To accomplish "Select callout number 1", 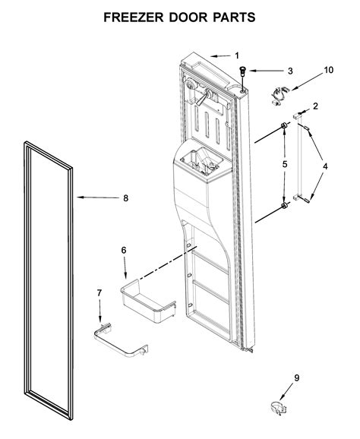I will [x=236, y=55].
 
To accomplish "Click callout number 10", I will [x=329, y=70].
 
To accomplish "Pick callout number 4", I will [x=325, y=166].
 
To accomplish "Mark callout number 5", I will [x=285, y=163].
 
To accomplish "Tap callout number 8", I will [x=126, y=198].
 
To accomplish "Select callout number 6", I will [x=124, y=248].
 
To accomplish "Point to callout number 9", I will [x=298, y=377].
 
